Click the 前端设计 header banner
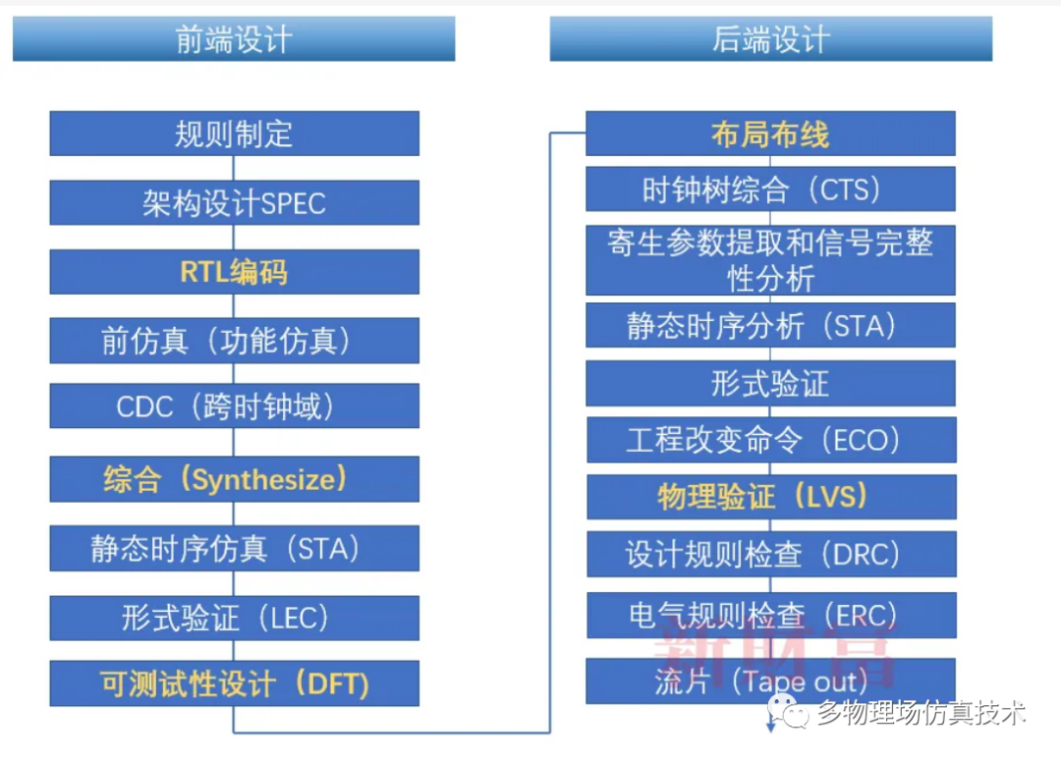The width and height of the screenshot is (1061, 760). click(x=234, y=38)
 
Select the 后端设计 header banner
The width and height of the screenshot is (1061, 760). click(x=771, y=38)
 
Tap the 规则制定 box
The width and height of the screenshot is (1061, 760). click(x=234, y=134)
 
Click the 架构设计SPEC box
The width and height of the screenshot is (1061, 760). click(x=234, y=202)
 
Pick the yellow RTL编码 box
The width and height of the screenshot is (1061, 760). click(x=234, y=272)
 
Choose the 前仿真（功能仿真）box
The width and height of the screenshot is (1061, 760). click(x=234, y=340)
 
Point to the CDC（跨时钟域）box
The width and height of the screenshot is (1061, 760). click(x=234, y=406)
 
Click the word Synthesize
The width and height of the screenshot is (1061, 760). click(x=264, y=480)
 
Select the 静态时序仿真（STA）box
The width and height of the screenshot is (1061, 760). click(x=234, y=548)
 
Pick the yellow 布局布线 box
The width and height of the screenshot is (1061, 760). click(x=771, y=134)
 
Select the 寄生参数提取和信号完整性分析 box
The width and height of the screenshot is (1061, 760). click(x=771, y=260)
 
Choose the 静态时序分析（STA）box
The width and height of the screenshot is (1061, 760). click(x=771, y=325)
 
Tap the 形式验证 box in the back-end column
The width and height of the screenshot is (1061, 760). click(x=771, y=383)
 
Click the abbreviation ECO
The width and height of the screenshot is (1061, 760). click(x=860, y=440)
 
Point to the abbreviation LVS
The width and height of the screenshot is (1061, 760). click(x=832, y=497)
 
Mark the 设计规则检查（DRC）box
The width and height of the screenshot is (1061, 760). click(x=771, y=554)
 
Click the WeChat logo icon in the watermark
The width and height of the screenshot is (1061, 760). click(x=788, y=712)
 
